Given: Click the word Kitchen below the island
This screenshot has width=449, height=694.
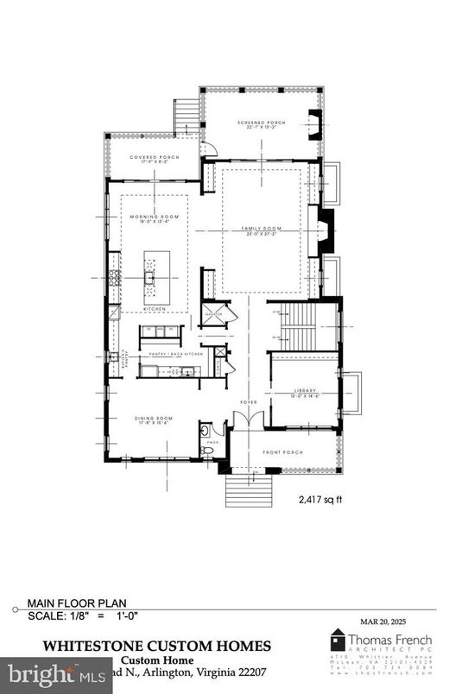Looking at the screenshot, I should click(154, 308).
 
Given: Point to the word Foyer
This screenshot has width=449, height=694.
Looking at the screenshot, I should click(249, 401).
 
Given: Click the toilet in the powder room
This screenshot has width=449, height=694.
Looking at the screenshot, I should click(207, 450).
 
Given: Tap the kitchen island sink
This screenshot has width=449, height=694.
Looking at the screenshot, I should click(149, 277).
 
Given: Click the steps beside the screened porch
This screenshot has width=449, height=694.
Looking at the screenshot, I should click(187, 117).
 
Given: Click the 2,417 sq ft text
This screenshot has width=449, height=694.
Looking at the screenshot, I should click(319, 499).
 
